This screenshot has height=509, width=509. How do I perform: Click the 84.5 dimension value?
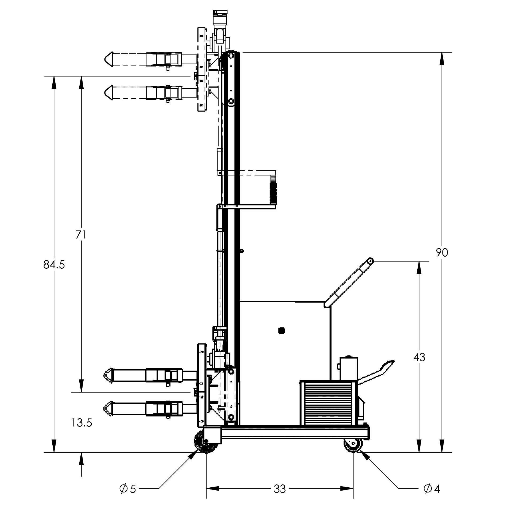(54, 265)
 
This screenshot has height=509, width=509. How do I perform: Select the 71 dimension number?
(81, 235)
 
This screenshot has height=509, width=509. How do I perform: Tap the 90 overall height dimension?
(442, 252)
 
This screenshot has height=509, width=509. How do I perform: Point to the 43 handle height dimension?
(419, 357)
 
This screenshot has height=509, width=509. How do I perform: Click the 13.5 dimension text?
(82, 423)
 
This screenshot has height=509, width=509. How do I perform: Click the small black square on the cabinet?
(281, 331)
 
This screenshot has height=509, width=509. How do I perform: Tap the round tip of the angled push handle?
(370, 261)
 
